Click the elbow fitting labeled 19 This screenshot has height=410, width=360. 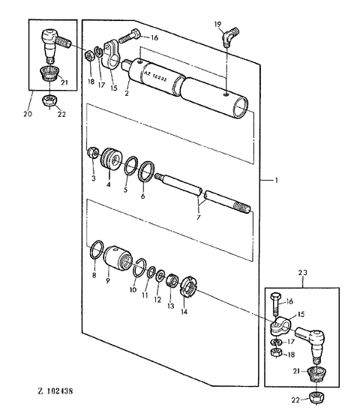[231, 37]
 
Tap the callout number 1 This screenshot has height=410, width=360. [276, 181]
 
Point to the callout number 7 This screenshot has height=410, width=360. [198, 217]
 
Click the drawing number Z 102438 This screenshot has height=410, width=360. [55, 391]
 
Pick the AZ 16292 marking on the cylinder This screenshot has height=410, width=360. [155, 76]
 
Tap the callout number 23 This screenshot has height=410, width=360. [303, 273]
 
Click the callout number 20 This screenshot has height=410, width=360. [28, 114]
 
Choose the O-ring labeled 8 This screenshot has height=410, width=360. [97, 250]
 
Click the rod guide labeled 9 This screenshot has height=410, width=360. [118, 259]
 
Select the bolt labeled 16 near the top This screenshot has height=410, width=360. [130, 36]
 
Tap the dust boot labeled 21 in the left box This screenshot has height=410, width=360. [49, 74]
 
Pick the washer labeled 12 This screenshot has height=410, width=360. [160, 276]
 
